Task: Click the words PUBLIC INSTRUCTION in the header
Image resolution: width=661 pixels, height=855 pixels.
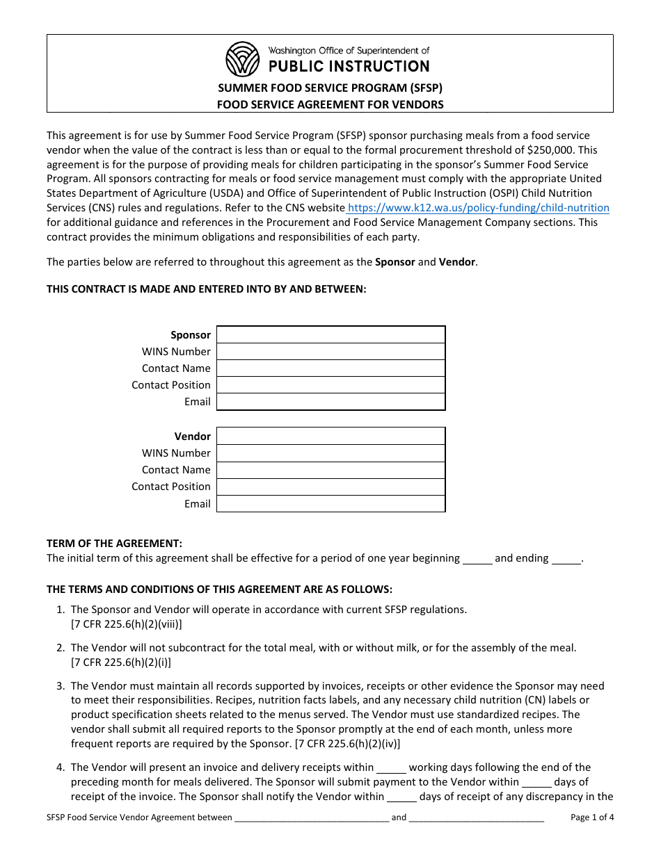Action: (x=349, y=67)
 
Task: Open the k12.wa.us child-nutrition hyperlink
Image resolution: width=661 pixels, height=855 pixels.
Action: (x=478, y=208)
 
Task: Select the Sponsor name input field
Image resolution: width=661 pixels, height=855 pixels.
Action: (x=330, y=335)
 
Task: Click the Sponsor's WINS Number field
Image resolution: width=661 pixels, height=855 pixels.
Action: (x=330, y=352)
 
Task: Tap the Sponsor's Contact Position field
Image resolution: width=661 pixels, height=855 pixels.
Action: (x=330, y=385)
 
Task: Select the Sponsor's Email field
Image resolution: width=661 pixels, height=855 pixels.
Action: (x=330, y=402)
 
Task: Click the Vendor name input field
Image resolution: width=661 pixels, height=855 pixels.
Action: (x=330, y=437)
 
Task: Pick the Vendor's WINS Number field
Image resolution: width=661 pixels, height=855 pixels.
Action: (x=330, y=453)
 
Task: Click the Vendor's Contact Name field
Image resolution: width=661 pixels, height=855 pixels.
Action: (x=330, y=470)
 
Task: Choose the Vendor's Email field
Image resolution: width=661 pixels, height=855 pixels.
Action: (x=330, y=504)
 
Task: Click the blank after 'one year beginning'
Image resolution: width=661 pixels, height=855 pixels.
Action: (x=477, y=559)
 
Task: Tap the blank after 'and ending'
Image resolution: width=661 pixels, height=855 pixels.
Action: (x=566, y=559)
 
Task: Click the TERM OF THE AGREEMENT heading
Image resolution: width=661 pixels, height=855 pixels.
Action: (x=114, y=544)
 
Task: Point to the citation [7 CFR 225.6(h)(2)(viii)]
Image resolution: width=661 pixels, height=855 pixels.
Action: (x=127, y=624)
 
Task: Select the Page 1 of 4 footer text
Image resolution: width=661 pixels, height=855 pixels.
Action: (x=591, y=817)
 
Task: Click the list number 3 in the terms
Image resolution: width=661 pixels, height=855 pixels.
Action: (x=61, y=686)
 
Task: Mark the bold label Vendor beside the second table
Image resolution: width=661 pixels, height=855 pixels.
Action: (x=192, y=437)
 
